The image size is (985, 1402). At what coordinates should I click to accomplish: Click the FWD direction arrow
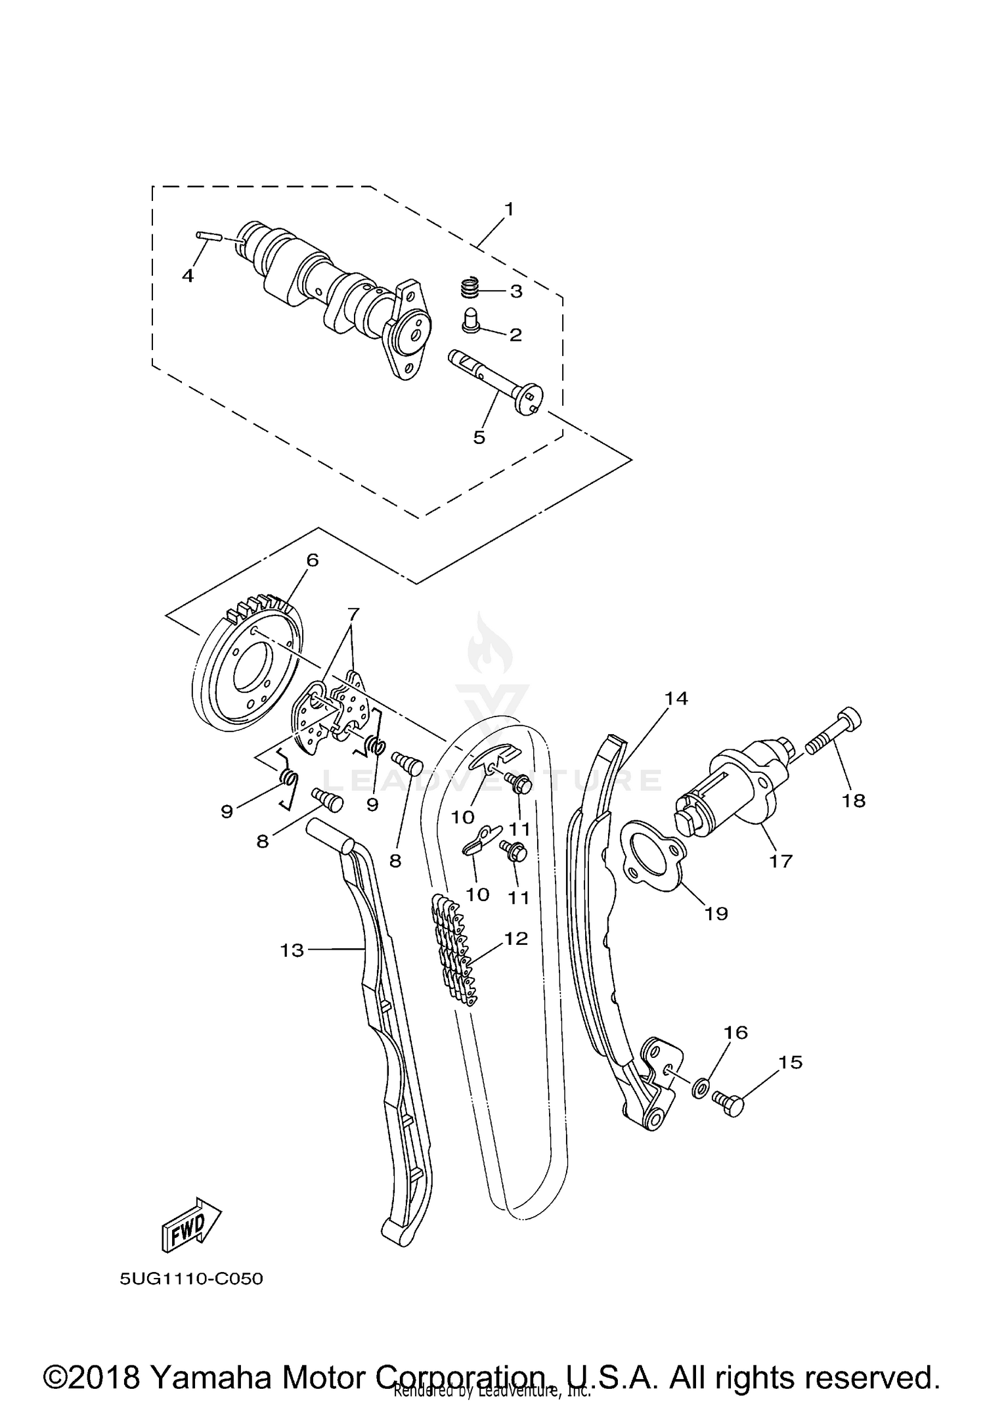[191, 1223]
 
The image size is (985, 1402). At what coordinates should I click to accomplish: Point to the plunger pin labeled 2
[470, 320]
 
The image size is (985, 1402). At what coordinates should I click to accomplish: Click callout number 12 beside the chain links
[516, 938]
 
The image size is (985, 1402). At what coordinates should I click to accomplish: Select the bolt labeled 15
[729, 1103]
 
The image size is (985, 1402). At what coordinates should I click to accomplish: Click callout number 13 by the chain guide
[292, 950]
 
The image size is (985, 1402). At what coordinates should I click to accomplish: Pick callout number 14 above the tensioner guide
[676, 698]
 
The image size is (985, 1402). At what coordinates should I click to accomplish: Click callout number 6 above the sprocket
[312, 560]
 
